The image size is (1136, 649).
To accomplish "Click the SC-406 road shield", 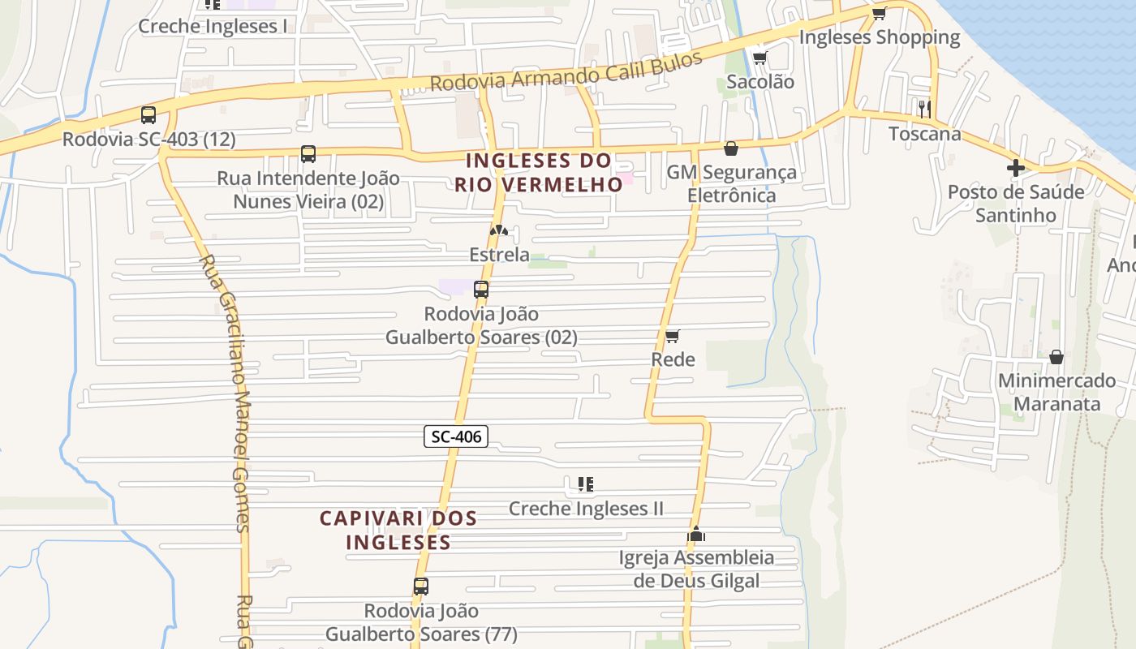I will point(456,436).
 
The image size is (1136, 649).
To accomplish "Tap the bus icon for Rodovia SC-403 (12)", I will point(148,115).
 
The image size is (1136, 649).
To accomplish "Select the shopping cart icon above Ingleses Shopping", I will point(879,13).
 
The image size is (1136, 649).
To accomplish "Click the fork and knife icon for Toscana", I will point(924,109).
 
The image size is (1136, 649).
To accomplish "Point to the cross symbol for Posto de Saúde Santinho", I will point(1015,168).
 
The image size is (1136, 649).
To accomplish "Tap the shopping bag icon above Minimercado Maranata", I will point(1056,357).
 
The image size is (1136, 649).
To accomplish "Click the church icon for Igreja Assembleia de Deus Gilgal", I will point(696,534).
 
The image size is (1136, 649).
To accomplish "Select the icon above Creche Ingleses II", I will point(586,484).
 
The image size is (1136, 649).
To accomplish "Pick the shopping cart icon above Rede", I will point(672,336).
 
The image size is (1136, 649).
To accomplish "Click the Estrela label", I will point(499,255).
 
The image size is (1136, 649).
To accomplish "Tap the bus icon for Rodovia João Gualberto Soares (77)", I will point(420,586).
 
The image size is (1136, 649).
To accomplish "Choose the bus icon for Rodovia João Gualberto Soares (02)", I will point(481,289).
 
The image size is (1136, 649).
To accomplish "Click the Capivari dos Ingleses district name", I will point(398,530).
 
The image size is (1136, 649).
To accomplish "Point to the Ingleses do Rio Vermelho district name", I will point(538,172).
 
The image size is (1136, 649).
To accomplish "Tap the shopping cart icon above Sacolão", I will point(759,58).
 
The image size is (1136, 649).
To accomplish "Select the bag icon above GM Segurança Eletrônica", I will point(731,148).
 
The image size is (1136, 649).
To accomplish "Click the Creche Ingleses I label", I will point(213,26).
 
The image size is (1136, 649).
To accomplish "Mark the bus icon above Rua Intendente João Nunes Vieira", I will point(308,154).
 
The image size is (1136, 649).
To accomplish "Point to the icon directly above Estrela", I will point(498,231).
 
